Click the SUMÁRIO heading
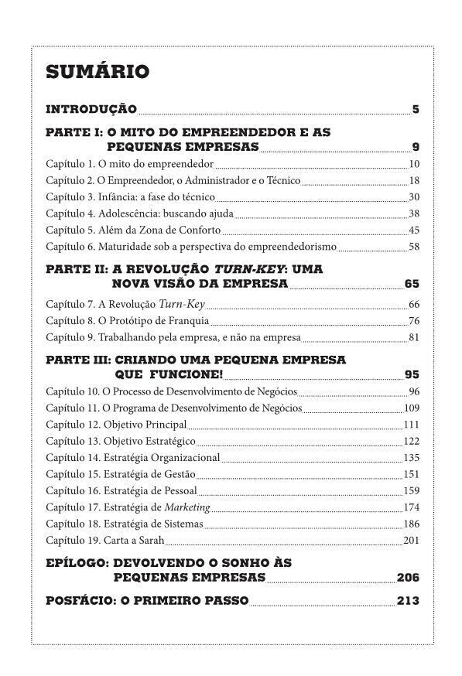(98, 72)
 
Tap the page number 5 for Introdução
(416, 109)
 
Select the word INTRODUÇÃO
(91, 109)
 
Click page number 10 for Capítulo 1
(414, 164)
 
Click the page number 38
(414, 214)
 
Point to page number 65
(412, 283)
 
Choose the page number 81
(414, 337)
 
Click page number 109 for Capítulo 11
(412, 408)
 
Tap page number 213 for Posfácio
(408, 600)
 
